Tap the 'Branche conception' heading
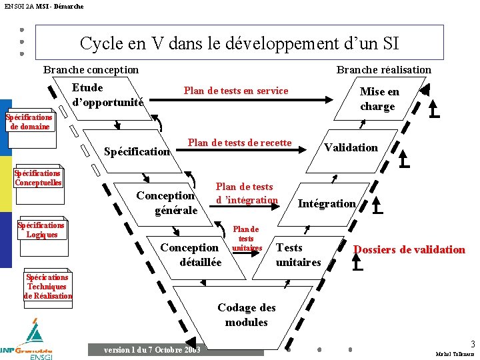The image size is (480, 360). coord(91,70)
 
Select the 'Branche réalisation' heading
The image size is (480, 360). coord(383,70)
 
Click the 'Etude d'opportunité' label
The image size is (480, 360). coord(107,95)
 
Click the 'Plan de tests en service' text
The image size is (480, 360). coord(236,91)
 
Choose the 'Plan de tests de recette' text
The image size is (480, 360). coord(239,143)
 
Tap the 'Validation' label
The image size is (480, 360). coord(351,148)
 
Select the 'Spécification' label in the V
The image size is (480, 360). coord(137,152)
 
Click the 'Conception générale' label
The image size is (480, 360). coord(166,203)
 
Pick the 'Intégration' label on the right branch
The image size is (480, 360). coord(327,203)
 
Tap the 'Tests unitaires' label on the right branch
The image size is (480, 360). coord(298,255)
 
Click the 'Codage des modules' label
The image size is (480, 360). coord(247,315)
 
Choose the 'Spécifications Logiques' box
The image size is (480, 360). coord(41,230)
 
